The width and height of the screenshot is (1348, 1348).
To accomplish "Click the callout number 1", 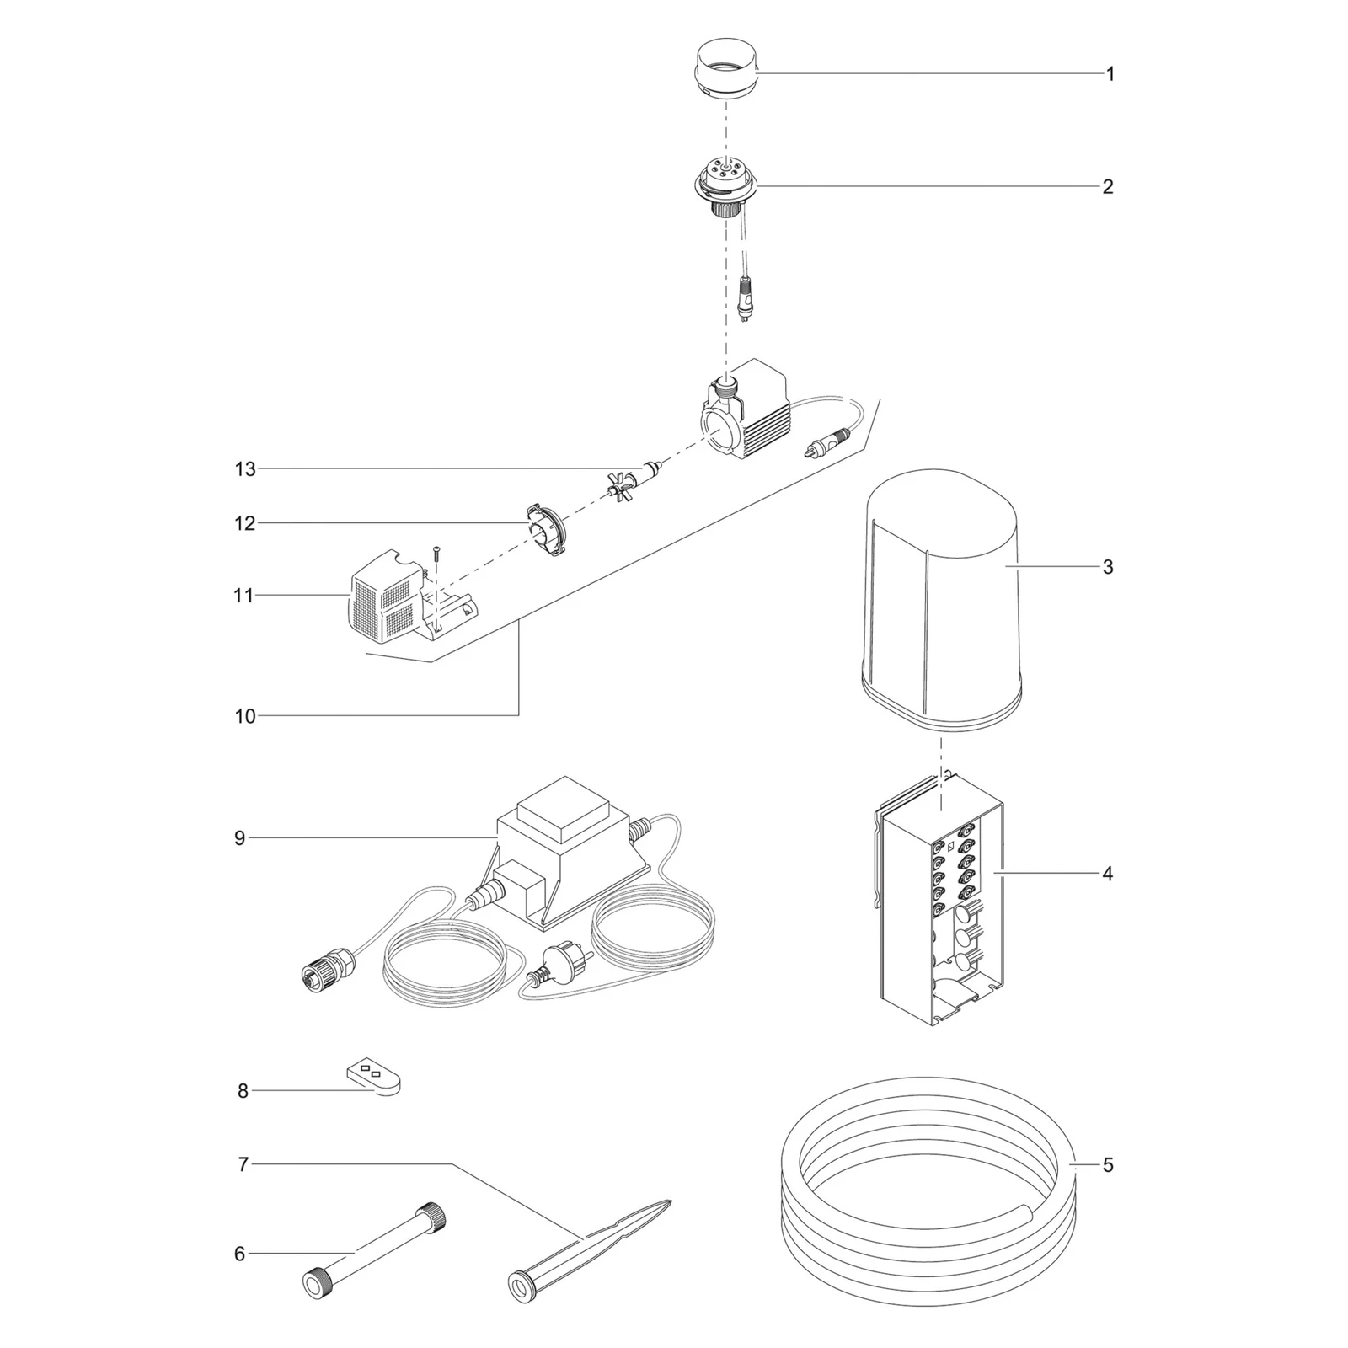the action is pyautogui.click(x=1110, y=74).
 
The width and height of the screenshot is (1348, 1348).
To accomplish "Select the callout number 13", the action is pyautogui.click(x=245, y=469).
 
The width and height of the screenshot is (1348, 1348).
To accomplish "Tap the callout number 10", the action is pyautogui.click(x=245, y=717).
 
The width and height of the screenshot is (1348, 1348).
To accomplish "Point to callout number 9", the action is pyautogui.click(x=240, y=838).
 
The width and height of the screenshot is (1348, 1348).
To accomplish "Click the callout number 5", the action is pyautogui.click(x=1108, y=1165).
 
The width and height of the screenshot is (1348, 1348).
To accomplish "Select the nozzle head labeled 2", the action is pyautogui.click(x=725, y=189).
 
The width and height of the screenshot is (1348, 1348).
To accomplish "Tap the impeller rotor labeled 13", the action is pyautogui.click(x=634, y=481).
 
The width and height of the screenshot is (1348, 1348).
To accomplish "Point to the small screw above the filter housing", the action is pyautogui.click(x=436, y=552).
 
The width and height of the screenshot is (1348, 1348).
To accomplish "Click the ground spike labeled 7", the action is pyautogui.click(x=590, y=1250).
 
